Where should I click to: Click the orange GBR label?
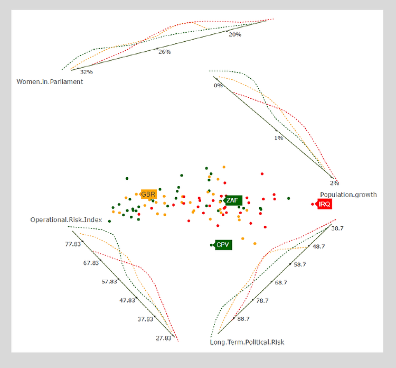[x=148, y=195]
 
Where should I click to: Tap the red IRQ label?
[x=324, y=205]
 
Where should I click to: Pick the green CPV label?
[x=223, y=245]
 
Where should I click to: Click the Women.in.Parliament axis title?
[x=50, y=82]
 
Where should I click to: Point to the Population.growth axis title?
[x=348, y=195]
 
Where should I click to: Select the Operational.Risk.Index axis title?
[x=66, y=219]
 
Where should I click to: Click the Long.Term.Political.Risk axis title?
[x=247, y=342]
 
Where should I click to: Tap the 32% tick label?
[x=87, y=72]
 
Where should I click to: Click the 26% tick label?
[x=165, y=52]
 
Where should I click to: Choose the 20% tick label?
[x=235, y=34]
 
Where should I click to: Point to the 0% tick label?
[x=218, y=86]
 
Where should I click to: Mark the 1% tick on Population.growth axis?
[x=279, y=137]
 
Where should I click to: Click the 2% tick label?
[x=334, y=183]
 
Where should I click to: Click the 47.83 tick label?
[x=127, y=300]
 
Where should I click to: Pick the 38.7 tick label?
[x=337, y=228]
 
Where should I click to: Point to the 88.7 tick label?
[x=244, y=319]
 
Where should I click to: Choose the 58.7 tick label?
[x=300, y=264]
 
